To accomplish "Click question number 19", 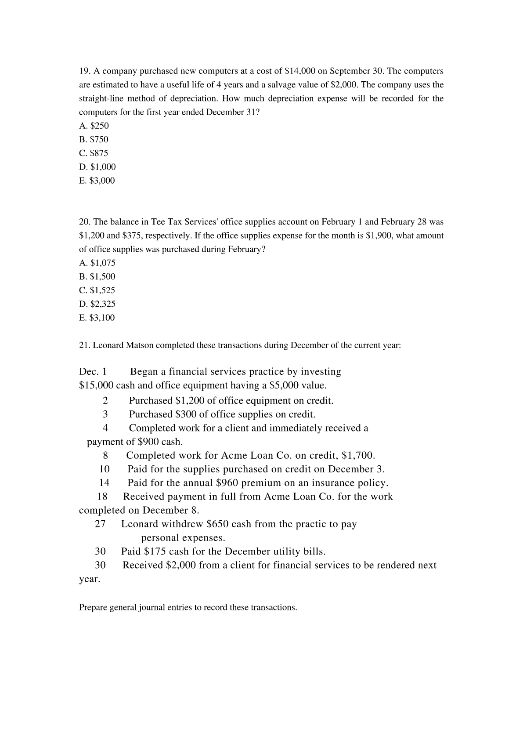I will (84, 71).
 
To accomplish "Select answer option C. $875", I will (94, 153).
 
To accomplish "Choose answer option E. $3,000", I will (97, 181).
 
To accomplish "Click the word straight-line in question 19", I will (101, 98).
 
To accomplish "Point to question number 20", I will (85, 222).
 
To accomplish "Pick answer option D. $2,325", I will (97, 304).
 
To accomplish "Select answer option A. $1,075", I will (97, 263).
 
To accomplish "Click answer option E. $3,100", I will (97, 318).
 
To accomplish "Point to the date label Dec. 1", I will (93, 372).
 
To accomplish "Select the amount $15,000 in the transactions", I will (96, 386).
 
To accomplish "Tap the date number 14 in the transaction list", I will (104, 483).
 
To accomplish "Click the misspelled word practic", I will (312, 524).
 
